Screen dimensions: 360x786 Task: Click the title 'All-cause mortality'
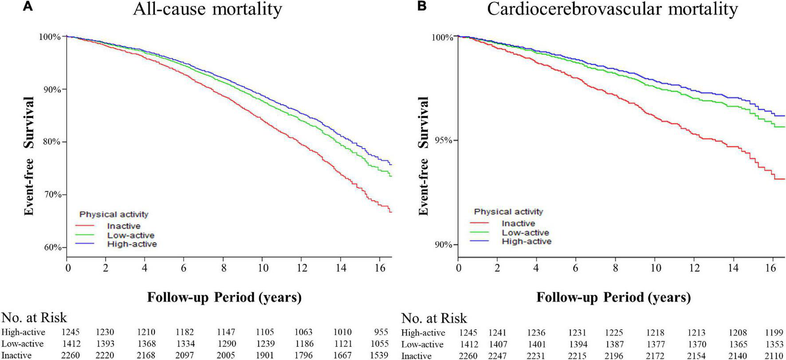coord(207,9)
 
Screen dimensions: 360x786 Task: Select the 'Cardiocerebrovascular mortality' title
coord(613,9)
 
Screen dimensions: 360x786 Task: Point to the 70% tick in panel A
coord(50,195)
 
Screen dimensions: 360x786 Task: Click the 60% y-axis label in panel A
coord(50,247)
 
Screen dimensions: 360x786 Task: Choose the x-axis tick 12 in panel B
coord(695,268)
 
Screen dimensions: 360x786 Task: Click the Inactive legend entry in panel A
coord(124,226)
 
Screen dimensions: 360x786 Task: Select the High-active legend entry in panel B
coord(527,242)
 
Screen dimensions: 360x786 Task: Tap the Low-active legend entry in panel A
coord(130,235)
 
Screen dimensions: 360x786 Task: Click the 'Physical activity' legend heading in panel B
coord(508,212)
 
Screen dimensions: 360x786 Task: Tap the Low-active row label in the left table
coord(23,344)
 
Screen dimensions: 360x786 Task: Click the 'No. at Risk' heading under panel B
coord(434,318)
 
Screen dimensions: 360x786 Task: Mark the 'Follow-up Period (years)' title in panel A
coord(224,297)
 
